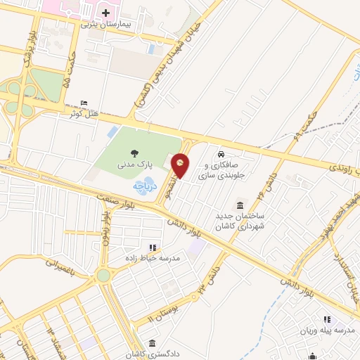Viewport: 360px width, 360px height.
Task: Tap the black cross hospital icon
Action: click(x=106, y=13)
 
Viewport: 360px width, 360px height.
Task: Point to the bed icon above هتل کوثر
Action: click(x=85, y=103)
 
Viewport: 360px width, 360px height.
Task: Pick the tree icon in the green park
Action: click(x=134, y=153)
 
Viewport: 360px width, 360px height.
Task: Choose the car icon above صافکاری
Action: click(x=221, y=154)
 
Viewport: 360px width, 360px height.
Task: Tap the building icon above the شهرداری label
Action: click(x=240, y=205)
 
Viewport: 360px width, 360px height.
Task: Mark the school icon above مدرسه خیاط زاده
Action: click(x=153, y=247)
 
